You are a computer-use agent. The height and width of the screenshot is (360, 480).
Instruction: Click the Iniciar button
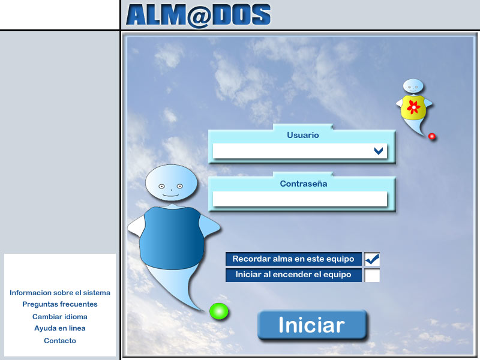(x=312, y=325)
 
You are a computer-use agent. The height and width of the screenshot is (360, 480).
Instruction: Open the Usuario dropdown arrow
(x=379, y=151)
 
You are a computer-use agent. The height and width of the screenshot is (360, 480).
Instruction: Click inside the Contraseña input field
(x=299, y=199)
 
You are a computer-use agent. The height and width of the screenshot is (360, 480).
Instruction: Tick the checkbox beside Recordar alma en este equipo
(x=372, y=259)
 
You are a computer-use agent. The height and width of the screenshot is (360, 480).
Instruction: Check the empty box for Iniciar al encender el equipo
(x=372, y=275)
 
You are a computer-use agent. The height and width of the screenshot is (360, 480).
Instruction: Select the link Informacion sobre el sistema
(x=60, y=293)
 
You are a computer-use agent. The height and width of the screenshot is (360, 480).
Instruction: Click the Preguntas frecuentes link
(x=60, y=304)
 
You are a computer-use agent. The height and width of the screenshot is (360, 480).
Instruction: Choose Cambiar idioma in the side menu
(x=60, y=317)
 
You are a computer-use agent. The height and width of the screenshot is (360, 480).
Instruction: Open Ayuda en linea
(x=60, y=328)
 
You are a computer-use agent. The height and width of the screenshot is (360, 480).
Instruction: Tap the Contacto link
(x=60, y=341)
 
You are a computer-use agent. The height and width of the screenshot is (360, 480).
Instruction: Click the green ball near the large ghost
(x=219, y=311)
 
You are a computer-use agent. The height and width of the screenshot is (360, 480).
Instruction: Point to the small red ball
(x=432, y=136)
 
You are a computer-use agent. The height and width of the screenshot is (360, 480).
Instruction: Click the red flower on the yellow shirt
(x=413, y=107)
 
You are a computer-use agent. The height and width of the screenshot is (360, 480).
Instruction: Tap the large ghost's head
(x=171, y=183)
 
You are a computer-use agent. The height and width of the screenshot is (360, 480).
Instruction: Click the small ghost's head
(x=413, y=86)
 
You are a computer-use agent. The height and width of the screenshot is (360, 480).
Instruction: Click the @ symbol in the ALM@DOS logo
(x=199, y=17)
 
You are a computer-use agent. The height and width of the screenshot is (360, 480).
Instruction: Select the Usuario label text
(x=303, y=135)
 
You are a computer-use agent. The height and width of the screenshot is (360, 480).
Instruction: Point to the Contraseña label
(x=304, y=184)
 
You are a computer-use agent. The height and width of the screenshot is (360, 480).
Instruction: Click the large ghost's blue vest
(x=172, y=238)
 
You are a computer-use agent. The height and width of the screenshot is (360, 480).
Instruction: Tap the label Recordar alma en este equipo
(x=293, y=259)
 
